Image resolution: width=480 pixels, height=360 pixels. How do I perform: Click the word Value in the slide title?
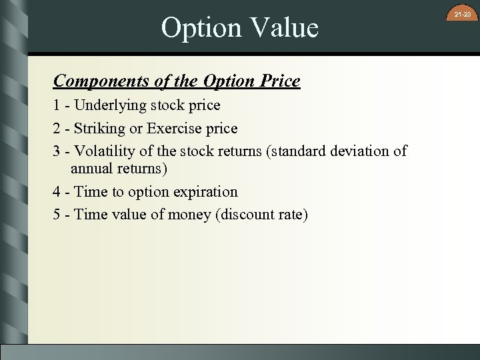coord(283,28)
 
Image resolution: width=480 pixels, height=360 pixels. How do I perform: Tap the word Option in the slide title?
coord(199,28)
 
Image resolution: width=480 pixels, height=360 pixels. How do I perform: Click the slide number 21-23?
coord(463,14)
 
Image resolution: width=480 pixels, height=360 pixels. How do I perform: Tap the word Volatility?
coord(106,151)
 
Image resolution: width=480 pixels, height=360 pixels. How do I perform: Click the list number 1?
coord(56,105)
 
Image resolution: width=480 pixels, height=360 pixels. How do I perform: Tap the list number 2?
coord(57,128)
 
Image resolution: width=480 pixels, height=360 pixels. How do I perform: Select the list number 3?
coord(57,151)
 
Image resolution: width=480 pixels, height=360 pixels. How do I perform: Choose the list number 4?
coord(57,192)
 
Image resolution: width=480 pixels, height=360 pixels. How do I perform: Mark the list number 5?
coord(57,215)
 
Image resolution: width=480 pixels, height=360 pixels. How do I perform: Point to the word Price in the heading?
coord(280,81)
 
